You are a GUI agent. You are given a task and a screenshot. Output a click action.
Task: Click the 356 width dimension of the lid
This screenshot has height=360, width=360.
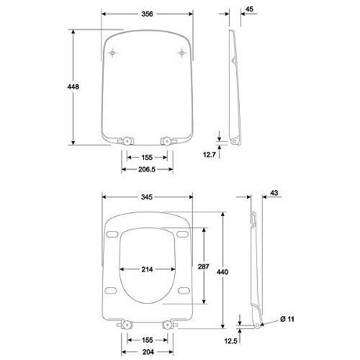[x=147, y=14]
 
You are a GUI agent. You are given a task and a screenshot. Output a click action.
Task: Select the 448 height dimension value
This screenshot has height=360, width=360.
[x=73, y=86]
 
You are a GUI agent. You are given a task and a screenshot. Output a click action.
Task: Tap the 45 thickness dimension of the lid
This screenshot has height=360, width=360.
[x=250, y=9]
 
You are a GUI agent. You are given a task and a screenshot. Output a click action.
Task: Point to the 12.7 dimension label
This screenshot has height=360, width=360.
[x=210, y=155]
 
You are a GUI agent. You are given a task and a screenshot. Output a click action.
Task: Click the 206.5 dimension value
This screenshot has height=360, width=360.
[x=147, y=169]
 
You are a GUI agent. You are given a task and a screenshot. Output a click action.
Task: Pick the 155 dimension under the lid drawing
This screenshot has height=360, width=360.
[x=147, y=158]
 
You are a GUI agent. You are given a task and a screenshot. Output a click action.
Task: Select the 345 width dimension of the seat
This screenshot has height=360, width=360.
[x=147, y=197]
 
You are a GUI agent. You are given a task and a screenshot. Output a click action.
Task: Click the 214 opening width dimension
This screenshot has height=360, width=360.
[x=147, y=269]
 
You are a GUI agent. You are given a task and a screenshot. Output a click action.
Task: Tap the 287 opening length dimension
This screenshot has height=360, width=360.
[x=204, y=266]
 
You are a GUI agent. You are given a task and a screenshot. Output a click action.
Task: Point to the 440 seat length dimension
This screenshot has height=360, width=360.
[x=222, y=272]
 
